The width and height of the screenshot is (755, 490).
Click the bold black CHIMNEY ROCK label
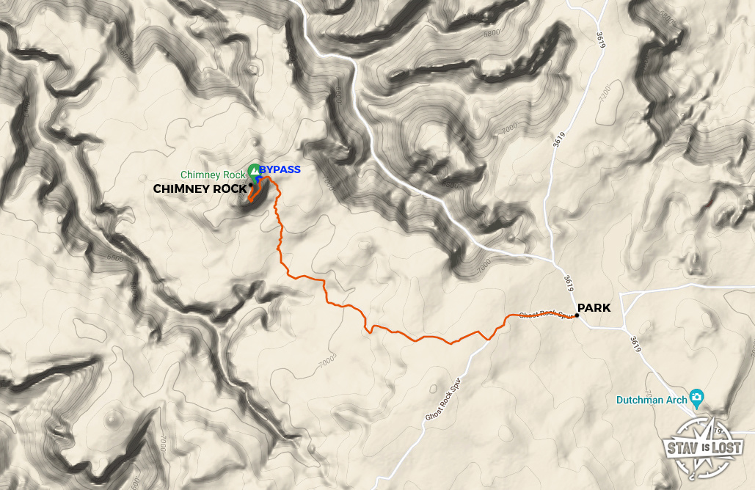(200, 189)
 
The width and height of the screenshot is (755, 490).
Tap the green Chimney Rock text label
(212, 175)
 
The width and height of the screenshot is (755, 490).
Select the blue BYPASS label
(280, 170)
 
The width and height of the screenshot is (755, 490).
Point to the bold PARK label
(594, 308)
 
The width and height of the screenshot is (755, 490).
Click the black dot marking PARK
(577, 316)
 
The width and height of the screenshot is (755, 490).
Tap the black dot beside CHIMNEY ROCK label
(251, 186)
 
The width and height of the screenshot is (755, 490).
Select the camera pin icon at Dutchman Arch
(697, 398)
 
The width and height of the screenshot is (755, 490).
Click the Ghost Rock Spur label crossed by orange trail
(545, 315)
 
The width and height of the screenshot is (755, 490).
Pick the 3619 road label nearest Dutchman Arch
(635, 344)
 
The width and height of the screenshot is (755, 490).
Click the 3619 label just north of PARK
(569, 282)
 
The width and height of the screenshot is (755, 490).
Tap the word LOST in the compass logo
(726, 447)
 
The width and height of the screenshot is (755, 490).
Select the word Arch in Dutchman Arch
(678, 400)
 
